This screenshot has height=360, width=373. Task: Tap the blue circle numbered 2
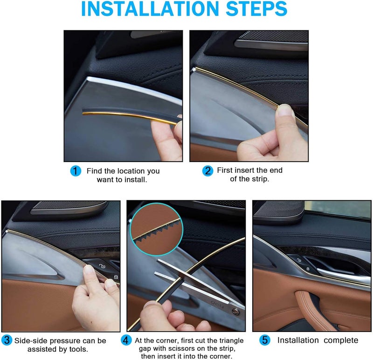[x=207, y=170]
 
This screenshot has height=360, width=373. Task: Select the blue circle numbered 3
[x=7, y=340]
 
